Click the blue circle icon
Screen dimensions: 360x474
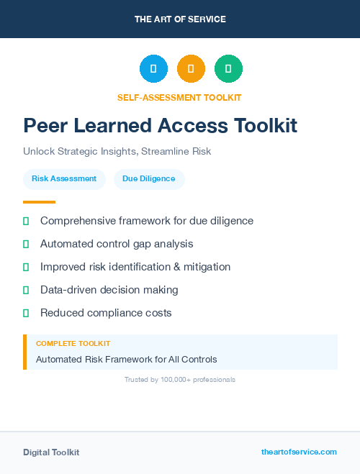[153, 69]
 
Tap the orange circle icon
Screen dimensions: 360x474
[191, 69]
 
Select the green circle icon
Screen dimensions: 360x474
[228, 69]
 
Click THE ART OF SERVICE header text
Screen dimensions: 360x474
[180, 19]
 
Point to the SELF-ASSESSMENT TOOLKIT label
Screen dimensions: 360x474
[179, 97]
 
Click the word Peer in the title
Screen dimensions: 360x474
[47, 125]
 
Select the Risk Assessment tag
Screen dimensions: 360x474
[64, 179]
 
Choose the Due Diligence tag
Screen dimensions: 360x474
[149, 179]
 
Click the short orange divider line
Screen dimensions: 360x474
[39, 202]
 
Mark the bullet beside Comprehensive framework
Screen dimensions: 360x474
[26, 222]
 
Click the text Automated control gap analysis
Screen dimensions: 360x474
[117, 244]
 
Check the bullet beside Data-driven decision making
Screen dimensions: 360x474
[26, 290]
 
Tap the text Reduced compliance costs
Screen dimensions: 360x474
[106, 313]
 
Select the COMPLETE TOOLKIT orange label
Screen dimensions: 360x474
[73, 344]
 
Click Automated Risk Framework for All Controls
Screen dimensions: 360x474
[126, 359]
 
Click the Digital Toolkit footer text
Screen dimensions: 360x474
[51, 452]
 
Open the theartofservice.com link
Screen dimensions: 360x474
[299, 452]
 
